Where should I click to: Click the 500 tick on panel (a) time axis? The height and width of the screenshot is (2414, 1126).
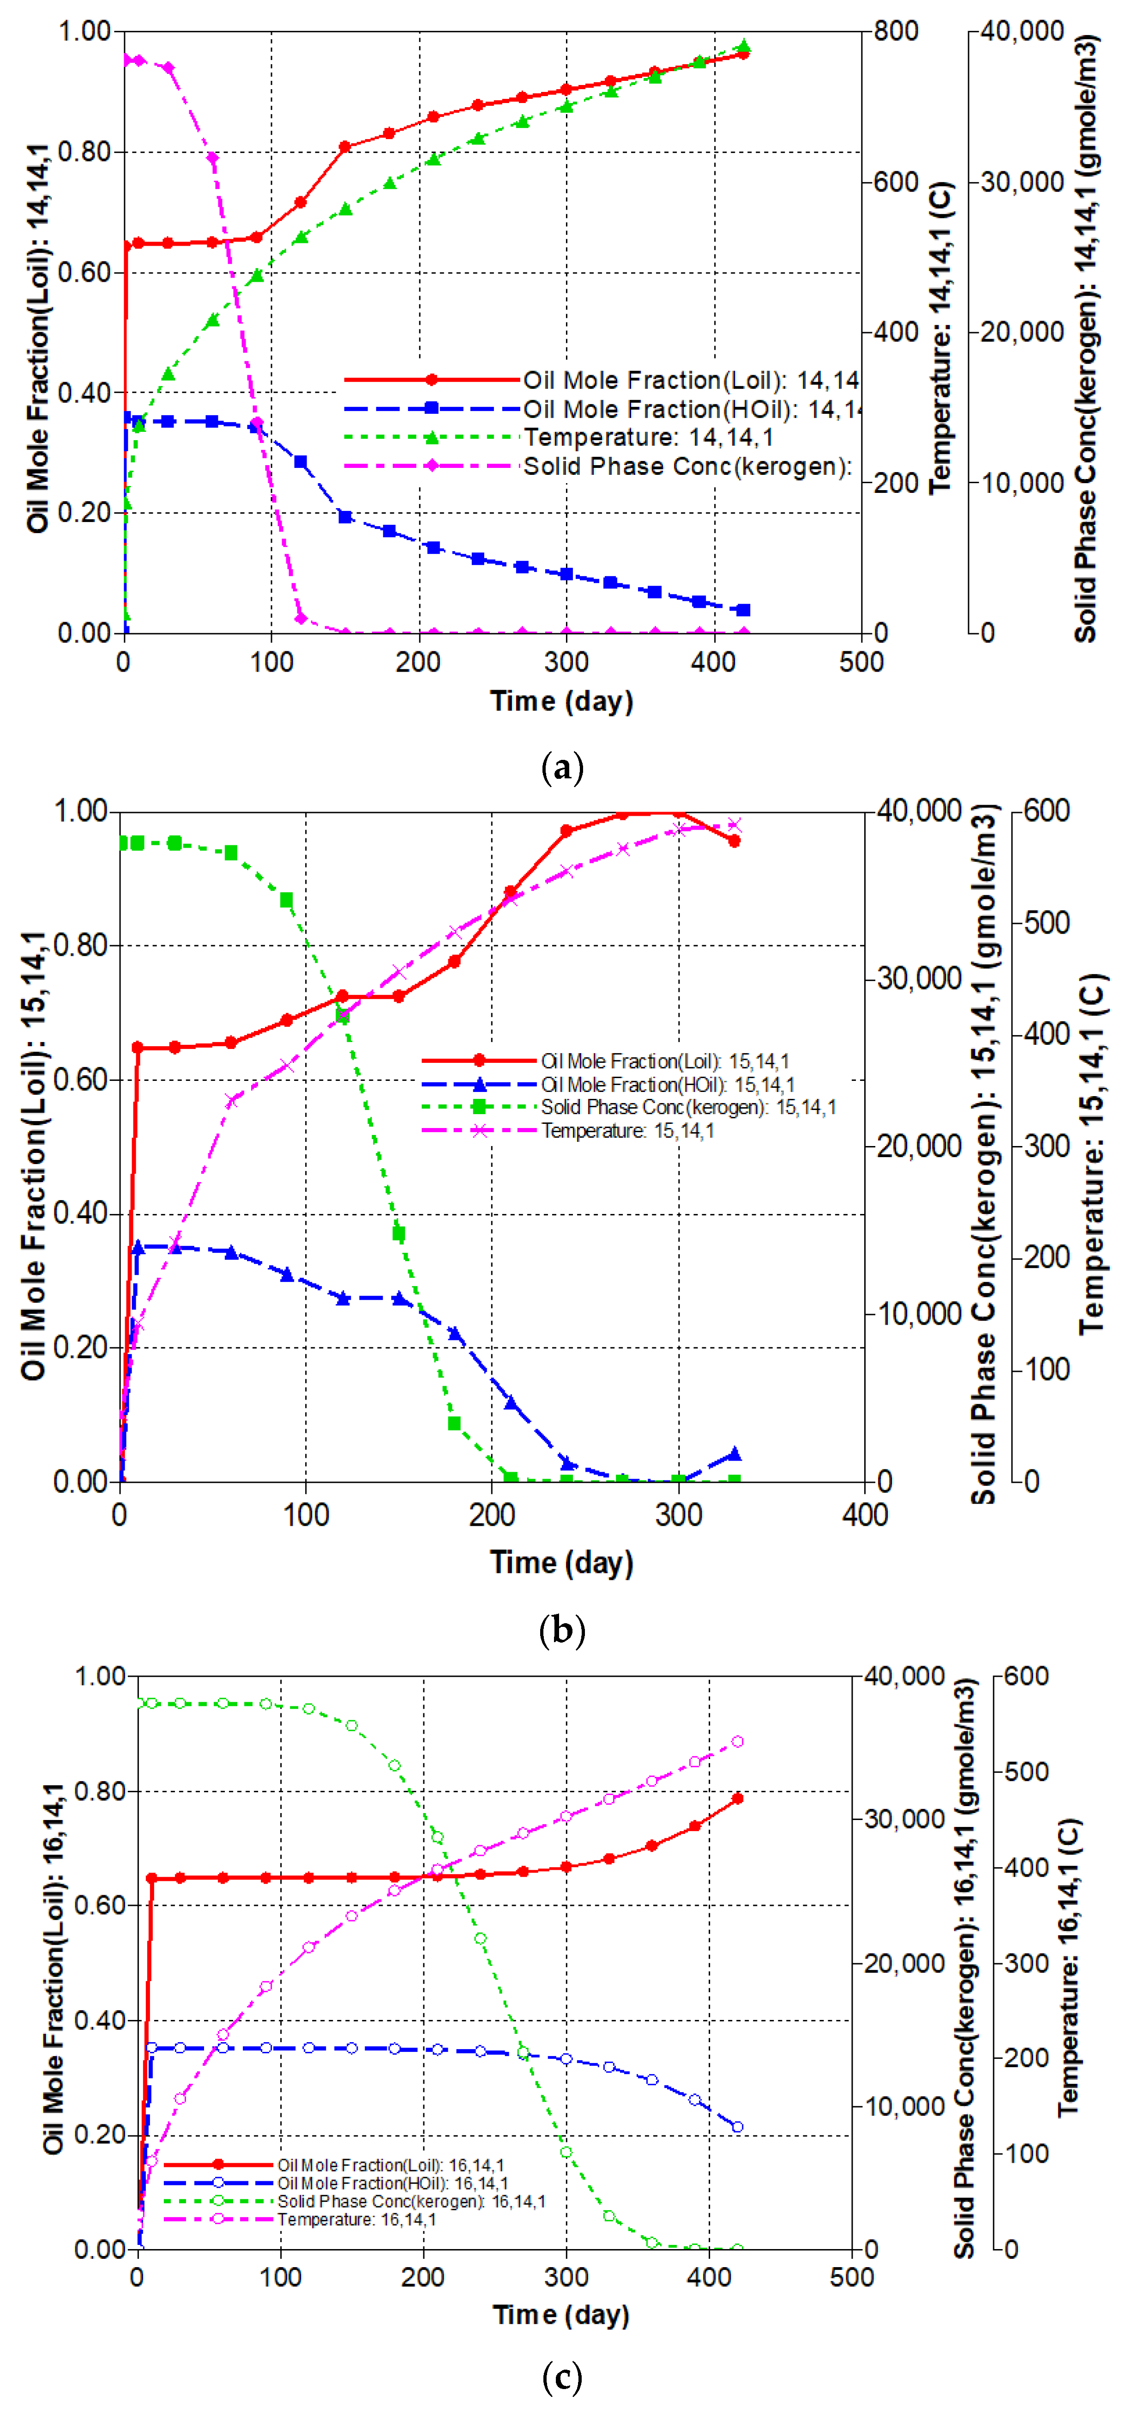[861, 661]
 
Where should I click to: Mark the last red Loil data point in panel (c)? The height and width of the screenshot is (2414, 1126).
[737, 1798]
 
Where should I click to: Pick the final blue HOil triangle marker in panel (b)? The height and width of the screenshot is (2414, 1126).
[735, 1454]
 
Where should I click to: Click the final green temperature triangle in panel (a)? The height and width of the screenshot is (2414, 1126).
[744, 46]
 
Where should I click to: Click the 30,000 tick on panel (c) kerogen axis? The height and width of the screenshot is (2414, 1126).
[904, 1819]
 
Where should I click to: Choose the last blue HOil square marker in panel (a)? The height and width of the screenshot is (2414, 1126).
[744, 610]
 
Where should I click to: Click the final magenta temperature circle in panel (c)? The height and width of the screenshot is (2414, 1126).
[737, 1741]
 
